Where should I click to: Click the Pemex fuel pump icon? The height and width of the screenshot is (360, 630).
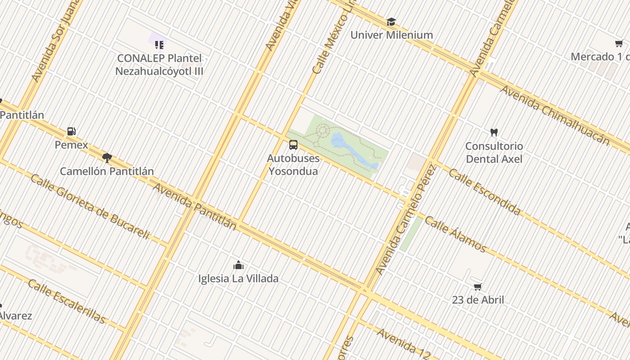[x=71, y=131]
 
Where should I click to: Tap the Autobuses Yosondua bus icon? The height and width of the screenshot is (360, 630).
[x=293, y=145]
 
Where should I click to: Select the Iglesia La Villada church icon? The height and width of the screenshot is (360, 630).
[x=238, y=265]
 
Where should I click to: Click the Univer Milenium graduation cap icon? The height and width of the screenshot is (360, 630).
[x=391, y=22]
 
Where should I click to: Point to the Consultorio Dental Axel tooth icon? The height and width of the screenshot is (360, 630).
[x=494, y=132]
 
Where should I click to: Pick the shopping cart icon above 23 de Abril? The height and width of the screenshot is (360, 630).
[x=478, y=287]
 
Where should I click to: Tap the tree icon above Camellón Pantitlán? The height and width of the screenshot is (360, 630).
[x=107, y=157]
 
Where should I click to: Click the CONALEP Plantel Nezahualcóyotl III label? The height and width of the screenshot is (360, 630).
[x=159, y=65]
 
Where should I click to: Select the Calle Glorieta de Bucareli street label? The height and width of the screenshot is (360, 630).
[x=90, y=207]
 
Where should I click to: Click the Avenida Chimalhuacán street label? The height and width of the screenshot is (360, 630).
[x=554, y=115]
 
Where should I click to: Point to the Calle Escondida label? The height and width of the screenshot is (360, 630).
[x=485, y=192]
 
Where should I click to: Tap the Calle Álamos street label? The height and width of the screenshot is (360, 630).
[x=455, y=234]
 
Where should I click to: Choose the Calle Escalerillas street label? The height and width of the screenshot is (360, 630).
[x=66, y=301]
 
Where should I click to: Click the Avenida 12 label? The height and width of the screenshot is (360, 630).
[x=404, y=343]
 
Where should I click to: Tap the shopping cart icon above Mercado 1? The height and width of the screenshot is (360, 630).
[x=619, y=44]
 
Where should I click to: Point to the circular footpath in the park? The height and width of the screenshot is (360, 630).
[x=323, y=131]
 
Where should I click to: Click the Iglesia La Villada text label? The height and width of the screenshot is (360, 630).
[x=238, y=279]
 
